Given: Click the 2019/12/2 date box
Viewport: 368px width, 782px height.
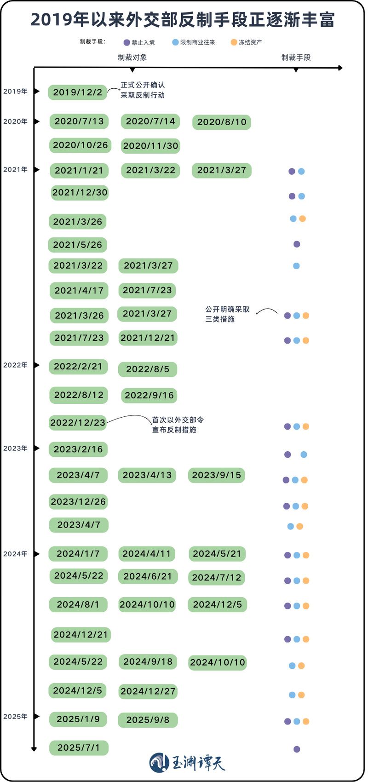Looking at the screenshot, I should tap(77, 92).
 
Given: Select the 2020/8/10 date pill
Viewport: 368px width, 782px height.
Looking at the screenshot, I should tap(222, 122).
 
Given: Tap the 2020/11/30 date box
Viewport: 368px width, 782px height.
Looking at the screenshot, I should tap(150, 146).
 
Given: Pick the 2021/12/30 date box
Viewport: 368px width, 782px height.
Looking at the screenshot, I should tap(80, 193).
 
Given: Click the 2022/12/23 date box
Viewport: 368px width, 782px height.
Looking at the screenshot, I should tap(78, 423).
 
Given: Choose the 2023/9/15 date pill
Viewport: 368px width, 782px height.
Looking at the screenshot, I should tap(216, 475).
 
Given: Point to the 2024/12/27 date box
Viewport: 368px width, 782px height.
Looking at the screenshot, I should tap(148, 691).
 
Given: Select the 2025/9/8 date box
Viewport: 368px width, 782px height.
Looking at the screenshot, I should tap(148, 720).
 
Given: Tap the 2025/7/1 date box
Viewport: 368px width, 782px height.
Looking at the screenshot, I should tap(79, 748).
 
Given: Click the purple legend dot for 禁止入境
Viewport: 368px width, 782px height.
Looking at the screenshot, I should tap(127, 43).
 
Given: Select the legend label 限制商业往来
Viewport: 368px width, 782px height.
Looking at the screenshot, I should tap(198, 42).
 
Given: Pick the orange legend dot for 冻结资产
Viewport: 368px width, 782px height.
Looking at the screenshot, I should tap(234, 42).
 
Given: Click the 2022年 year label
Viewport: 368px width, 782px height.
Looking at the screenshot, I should tap(15, 365).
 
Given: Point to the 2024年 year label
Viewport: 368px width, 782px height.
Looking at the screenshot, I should tap(15, 554).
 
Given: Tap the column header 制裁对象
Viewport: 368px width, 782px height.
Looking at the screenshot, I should tap(132, 57).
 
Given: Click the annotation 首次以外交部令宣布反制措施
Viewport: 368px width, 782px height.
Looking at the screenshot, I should tap(178, 425).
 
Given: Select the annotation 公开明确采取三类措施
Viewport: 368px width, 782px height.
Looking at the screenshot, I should tap(227, 314).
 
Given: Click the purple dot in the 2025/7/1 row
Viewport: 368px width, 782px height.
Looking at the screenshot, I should tap(297, 749).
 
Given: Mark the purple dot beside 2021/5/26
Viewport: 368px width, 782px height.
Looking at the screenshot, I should tap(297, 244).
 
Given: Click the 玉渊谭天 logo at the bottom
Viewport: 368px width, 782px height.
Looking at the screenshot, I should tap(187, 763).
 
